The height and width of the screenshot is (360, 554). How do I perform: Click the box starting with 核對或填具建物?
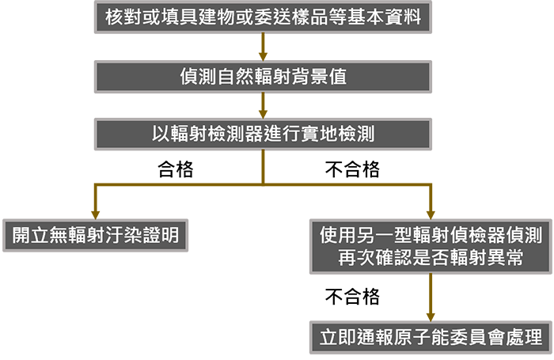point(264,17)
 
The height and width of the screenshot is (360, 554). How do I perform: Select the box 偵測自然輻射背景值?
point(264,77)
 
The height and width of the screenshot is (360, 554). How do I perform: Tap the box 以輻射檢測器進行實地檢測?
point(264,134)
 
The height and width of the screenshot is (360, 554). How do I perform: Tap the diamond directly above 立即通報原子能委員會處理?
point(431,294)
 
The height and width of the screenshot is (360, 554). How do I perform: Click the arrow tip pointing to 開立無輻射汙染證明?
point(95,211)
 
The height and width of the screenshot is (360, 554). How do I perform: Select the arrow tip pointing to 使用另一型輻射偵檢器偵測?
point(431,211)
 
